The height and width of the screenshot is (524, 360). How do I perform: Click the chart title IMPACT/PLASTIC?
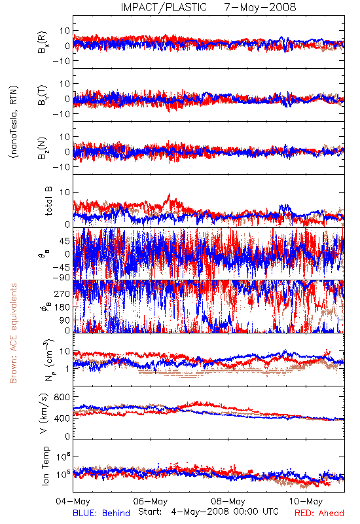pyautogui.click(x=164, y=7)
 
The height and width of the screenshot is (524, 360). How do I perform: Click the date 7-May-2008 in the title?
pyautogui.click(x=260, y=7)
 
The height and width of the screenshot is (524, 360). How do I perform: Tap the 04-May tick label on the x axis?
pyautogui.click(x=73, y=501)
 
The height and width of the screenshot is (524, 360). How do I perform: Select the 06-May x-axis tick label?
pyautogui.click(x=151, y=501)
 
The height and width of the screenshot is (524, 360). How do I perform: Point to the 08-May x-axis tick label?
pyautogui.click(x=228, y=501)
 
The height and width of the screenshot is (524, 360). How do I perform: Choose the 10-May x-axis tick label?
pyautogui.click(x=306, y=501)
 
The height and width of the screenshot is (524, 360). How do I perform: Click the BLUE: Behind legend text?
pyautogui.click(x=101, y=513)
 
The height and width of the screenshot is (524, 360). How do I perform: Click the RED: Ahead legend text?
pyautogui.click(x=319, y=513)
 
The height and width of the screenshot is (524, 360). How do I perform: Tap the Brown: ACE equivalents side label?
pyautogui.click(x=13, y=333)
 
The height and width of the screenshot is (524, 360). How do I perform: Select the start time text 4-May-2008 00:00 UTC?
pyautogui.click(x=225, y=512)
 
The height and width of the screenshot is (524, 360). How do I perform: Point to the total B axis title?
pyautogui.click(x=48, y=201)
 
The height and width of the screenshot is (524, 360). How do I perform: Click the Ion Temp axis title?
pyautogui.click(x=45, y=466)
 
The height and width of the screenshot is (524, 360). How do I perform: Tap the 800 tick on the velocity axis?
pyautogui.click(x=62, y=397)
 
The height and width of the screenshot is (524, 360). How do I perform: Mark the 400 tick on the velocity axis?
pyautogui.click(x=62, y=418)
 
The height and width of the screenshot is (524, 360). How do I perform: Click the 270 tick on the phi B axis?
pyautogui.click(x=62, y=293)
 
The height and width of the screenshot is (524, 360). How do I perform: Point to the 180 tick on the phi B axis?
pyautogui.click(x=62, y=307)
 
